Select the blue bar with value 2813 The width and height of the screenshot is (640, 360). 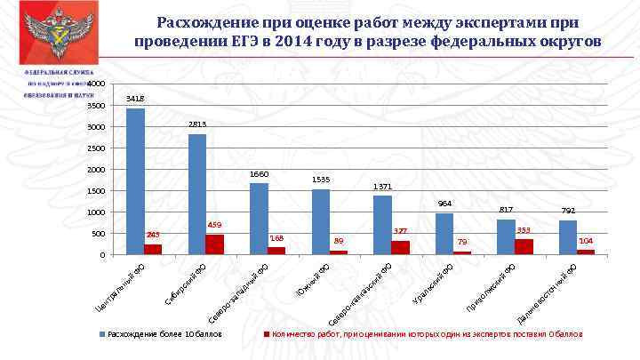[x=197, y=195]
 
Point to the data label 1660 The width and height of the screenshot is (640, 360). [x=259, y=174]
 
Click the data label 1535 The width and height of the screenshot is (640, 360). [x=321, y=180]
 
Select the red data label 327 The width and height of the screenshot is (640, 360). [x=400, y=231]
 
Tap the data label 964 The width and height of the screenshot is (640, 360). [x=444, y=204]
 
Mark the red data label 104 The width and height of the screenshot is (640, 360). [x=586, y=241]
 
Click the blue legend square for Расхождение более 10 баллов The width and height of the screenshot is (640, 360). [x=101, y=336]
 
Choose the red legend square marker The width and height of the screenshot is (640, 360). [x=265, y=336]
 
